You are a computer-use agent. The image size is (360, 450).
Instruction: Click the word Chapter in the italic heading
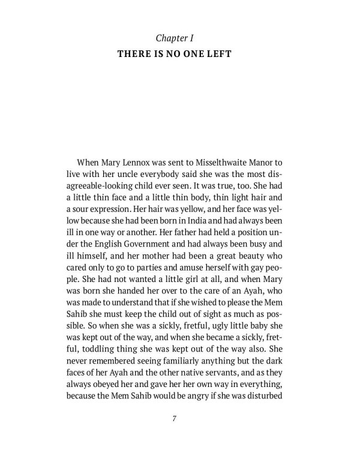(x=171, y=38)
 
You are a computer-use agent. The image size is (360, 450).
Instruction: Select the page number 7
(x=180, y=419)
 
